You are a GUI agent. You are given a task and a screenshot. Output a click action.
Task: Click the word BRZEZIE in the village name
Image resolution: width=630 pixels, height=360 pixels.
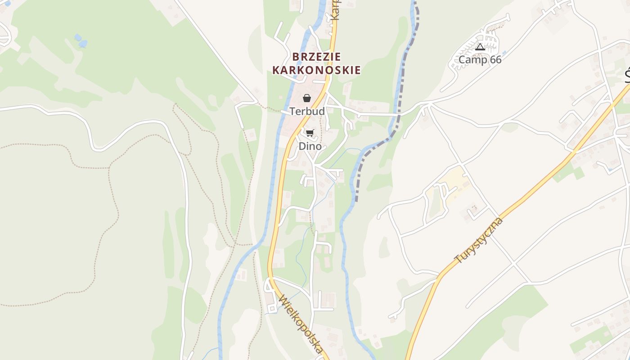point(316,57)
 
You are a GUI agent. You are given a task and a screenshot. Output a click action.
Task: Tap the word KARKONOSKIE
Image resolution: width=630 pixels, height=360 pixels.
point(316,70)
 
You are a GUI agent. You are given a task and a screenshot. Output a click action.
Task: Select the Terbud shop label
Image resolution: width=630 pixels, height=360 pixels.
point(307,111)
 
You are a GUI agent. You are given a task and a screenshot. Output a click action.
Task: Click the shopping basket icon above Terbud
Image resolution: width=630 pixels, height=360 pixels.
point(307,98)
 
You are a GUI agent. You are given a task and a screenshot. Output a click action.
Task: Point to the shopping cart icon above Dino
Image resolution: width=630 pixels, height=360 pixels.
point(310,133)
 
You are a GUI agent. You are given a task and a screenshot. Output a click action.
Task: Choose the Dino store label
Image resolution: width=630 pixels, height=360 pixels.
point(310,146)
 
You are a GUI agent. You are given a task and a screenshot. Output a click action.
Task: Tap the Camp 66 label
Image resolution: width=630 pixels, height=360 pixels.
point(480,59)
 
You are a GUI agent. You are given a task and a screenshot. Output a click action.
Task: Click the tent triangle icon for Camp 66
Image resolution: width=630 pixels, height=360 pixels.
point(480,47)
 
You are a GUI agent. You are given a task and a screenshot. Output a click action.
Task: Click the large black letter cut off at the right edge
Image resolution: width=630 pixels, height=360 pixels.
point(627,76)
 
